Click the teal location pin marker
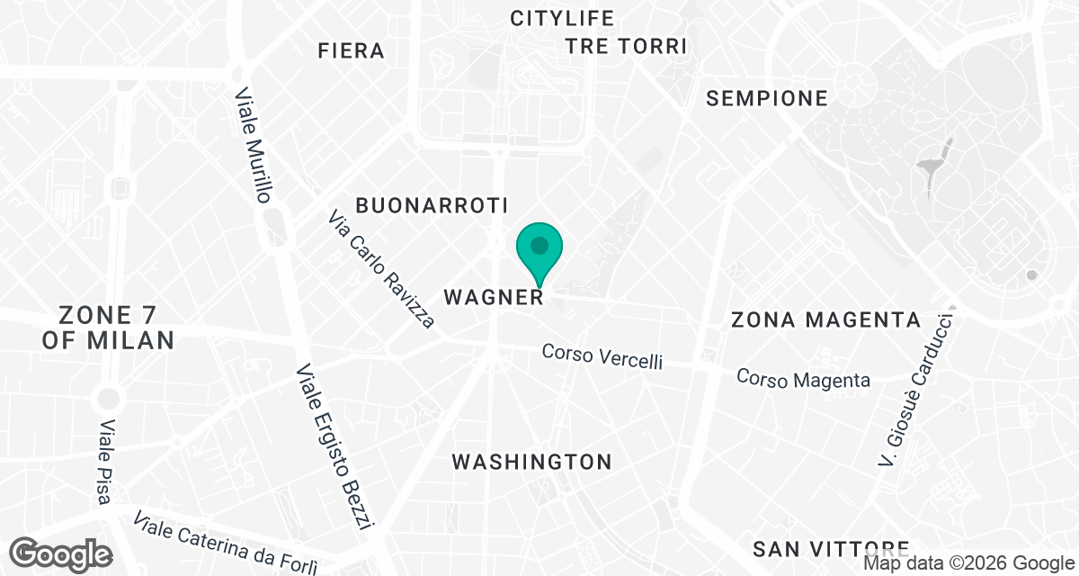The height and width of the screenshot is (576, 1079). coord(539,249)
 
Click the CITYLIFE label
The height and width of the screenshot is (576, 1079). coord(562,18)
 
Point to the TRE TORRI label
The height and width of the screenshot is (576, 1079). coord(626,46)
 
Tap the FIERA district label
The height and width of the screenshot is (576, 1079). coord(352,50)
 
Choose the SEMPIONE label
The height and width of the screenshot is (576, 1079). coord(767,98)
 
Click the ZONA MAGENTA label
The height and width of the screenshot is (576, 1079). coord(825,319)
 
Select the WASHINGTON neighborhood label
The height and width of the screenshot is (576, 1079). coord(531,462)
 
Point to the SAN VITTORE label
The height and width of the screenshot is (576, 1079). coord(830,548)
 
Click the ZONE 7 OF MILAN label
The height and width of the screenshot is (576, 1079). coord(107,328)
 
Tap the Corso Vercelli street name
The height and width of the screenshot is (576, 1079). coord(602,355)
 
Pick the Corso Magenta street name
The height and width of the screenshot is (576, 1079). coord(803,379)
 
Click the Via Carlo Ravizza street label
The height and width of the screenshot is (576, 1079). coord(381,269)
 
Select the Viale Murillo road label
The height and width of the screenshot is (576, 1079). coord(253,145)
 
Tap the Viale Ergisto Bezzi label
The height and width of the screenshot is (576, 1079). coord(334,447)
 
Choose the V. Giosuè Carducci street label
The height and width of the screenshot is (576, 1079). coord(916,389)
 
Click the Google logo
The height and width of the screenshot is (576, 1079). coord(63,553)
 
